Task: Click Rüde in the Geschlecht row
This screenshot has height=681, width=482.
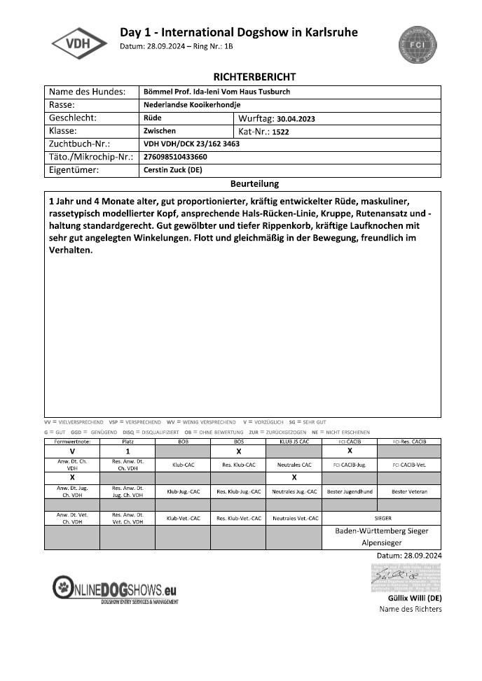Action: (x=152, y=118)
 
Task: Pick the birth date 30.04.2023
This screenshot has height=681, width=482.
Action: (x=296, y=119)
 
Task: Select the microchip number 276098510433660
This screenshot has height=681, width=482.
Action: (x=175, y=157)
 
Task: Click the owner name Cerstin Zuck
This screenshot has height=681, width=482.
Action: (x=173, y=170)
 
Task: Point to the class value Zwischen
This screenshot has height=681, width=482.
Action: (x=159, y=131)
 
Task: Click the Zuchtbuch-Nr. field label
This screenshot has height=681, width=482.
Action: (x=79, y=144)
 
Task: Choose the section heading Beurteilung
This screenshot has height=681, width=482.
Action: (x=255, y=184)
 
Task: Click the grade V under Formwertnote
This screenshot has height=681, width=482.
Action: (x=72, y=452)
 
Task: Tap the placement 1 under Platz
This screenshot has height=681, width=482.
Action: (x=128, y=452)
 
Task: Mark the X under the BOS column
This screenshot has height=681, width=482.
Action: (x=238, y=452)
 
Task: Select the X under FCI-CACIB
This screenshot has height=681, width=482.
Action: (x=350, y=451)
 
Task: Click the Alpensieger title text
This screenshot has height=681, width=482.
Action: (x=381, y=542)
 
